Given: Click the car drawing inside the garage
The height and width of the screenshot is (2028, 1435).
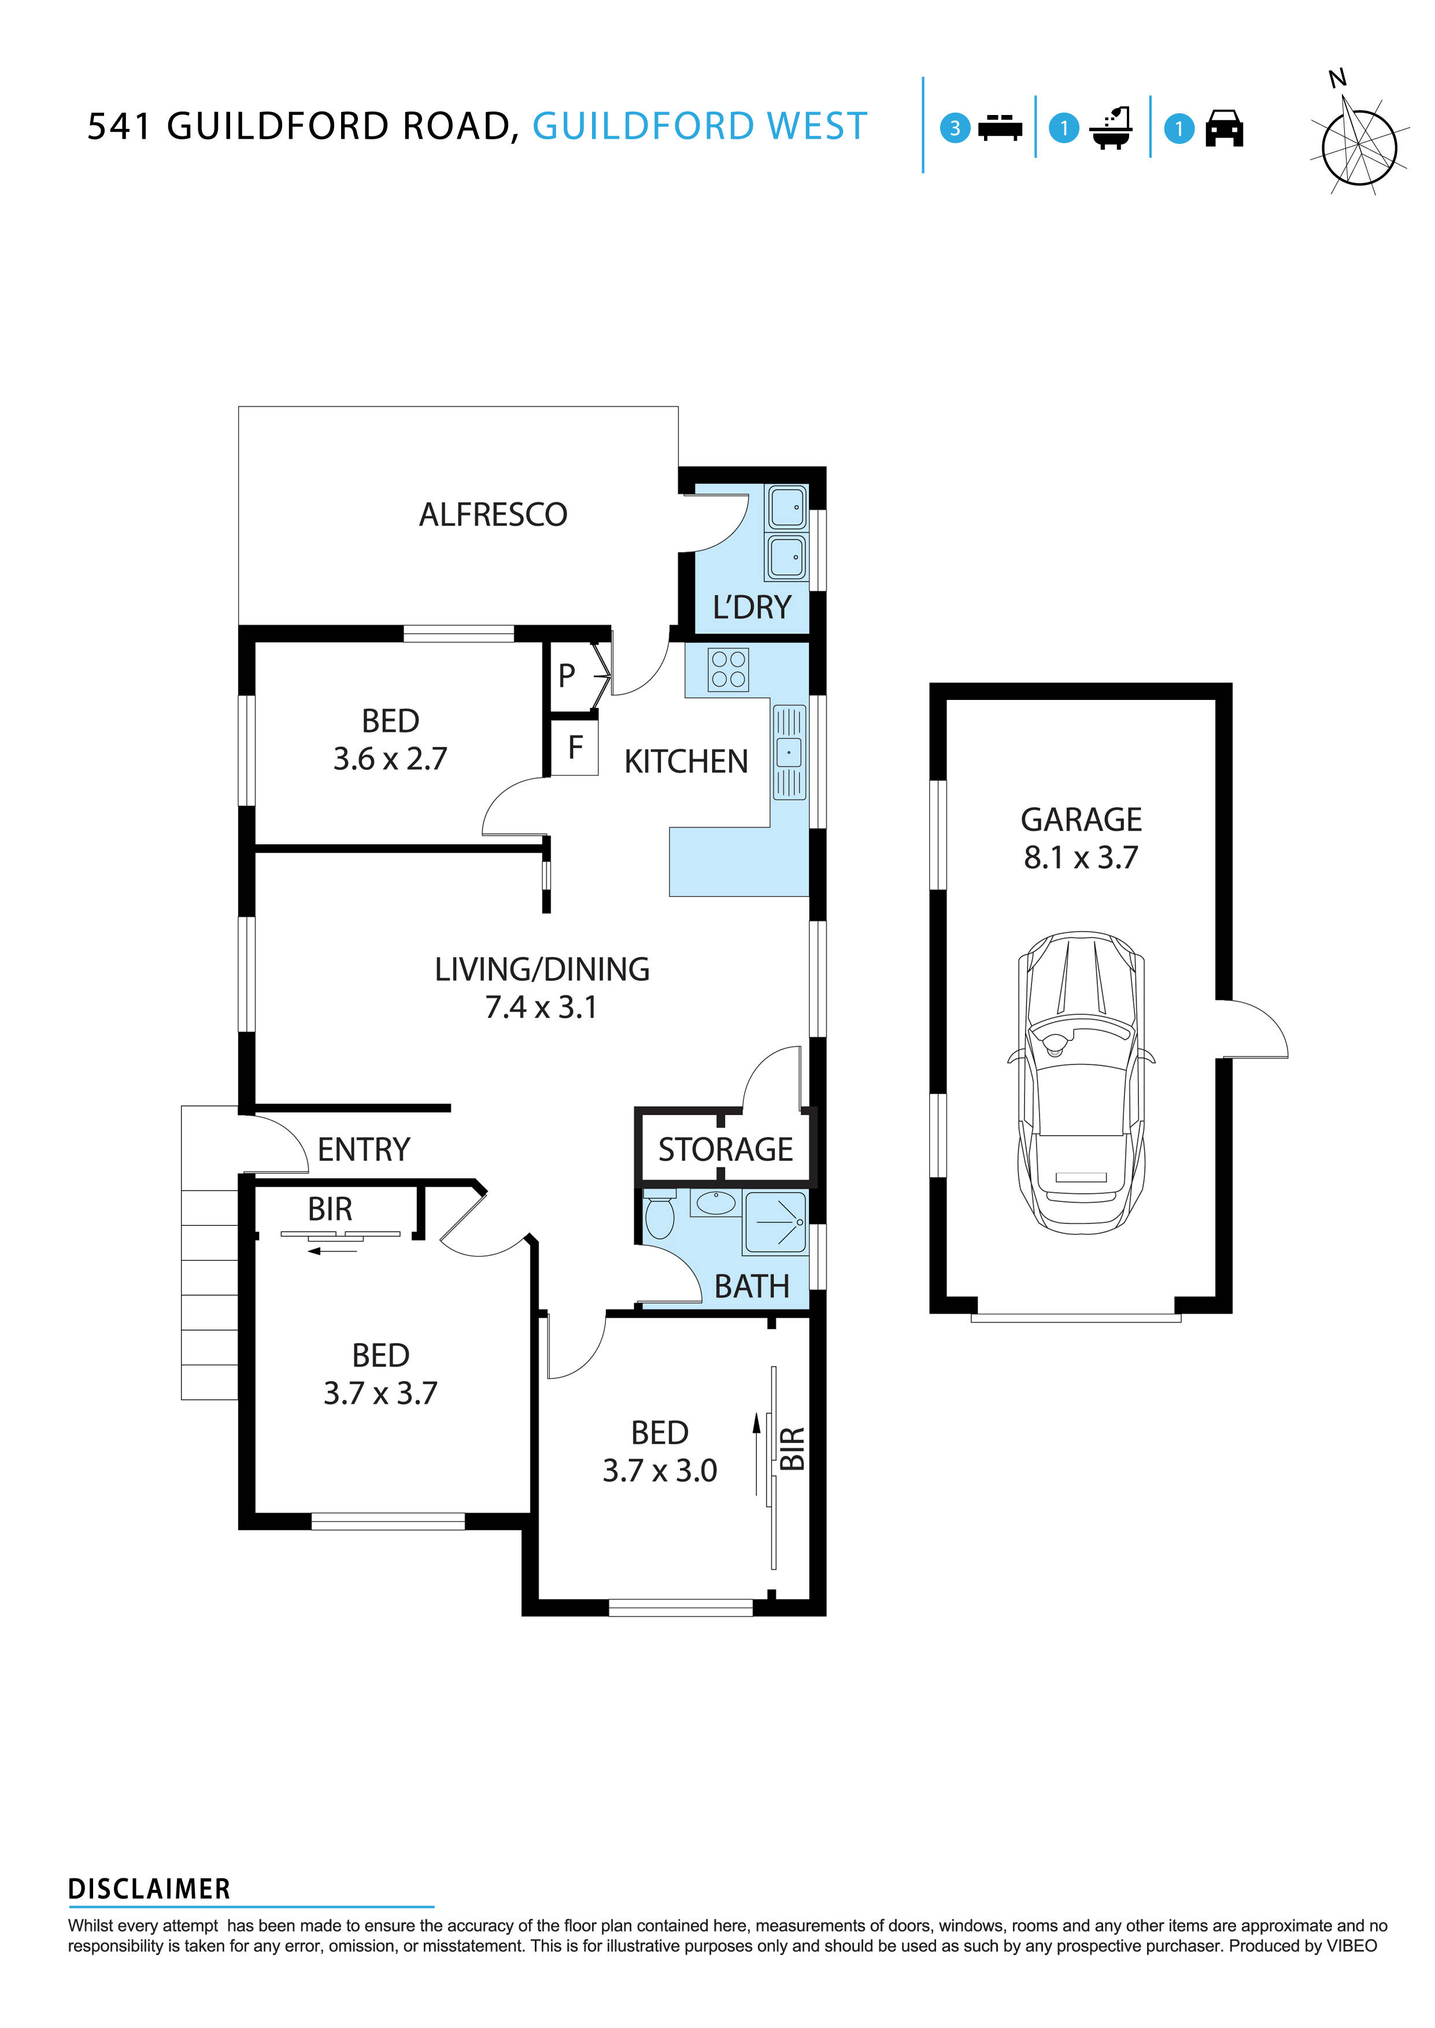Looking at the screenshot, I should coord(1081,1083).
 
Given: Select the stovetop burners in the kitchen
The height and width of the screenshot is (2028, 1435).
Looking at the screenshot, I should coord(728,669).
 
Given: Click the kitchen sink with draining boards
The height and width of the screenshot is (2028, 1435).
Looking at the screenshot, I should coord(789,752).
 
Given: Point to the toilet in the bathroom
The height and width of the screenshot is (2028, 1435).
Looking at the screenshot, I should coord(659,1216).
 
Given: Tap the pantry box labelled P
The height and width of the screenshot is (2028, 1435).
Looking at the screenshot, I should coord(567,676).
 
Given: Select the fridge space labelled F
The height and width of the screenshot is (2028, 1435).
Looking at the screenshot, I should coord(575,748).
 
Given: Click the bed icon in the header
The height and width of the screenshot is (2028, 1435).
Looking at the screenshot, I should coord(1000,128).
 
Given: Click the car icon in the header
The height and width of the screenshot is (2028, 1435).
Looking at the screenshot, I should coord(1224,129).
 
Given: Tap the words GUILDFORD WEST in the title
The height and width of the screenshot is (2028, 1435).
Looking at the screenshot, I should coord(700,127).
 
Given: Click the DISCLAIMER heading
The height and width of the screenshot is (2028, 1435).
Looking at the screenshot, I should coord(149,1889).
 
